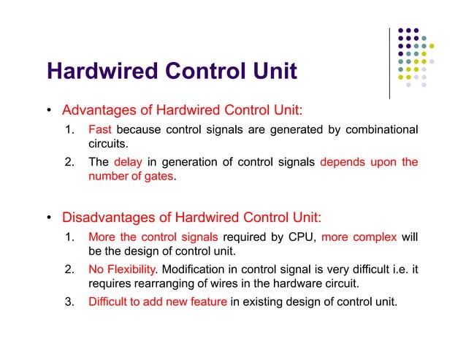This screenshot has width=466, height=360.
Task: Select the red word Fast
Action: coord(99,130)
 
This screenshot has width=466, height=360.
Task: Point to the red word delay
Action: coord(126,162)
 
